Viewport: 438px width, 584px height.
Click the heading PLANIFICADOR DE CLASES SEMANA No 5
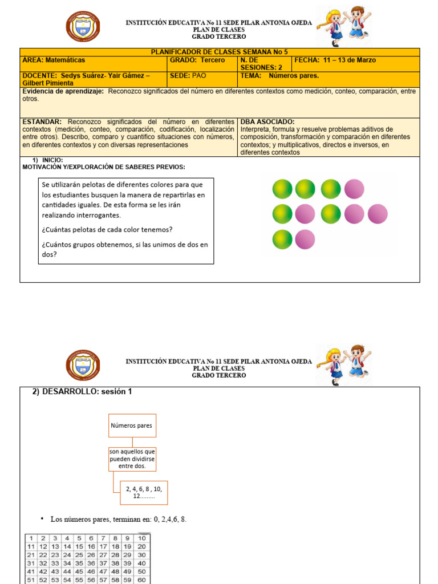point(220,52)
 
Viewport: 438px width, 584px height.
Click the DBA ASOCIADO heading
point(267,122)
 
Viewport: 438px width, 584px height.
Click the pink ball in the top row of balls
point(354,188)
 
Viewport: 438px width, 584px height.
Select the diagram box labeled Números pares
point(132,425)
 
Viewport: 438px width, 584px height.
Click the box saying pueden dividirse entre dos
point(132,459)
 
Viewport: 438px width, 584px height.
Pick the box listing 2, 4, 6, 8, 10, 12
point(144,493)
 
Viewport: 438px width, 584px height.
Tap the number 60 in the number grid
point(141,579)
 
